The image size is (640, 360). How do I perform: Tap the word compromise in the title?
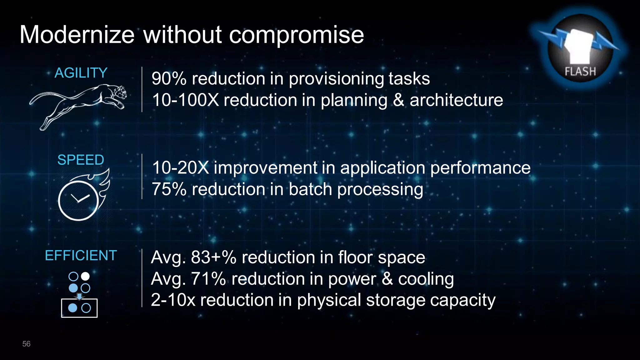tap(296, 35)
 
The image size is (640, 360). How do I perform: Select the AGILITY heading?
tap(81, 73)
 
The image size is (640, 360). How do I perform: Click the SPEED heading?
tap(81, 160)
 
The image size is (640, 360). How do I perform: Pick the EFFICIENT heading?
tap(81, 255)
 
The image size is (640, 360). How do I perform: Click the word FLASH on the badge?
tap(580, 72)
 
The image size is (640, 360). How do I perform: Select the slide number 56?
tap(26, 344)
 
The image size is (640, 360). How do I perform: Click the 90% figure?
tap(169, 78)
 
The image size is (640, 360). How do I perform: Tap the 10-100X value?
tap(185, 100)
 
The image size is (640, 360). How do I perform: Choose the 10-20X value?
tap(180, 168)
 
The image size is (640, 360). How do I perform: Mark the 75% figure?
tap(169, 189)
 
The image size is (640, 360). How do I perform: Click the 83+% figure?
tap(213, 257)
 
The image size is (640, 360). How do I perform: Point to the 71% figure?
tap(208, 279)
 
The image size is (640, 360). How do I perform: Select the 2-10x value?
tap(173, 300)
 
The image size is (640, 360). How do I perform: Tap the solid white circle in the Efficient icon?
tap(85, 276)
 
